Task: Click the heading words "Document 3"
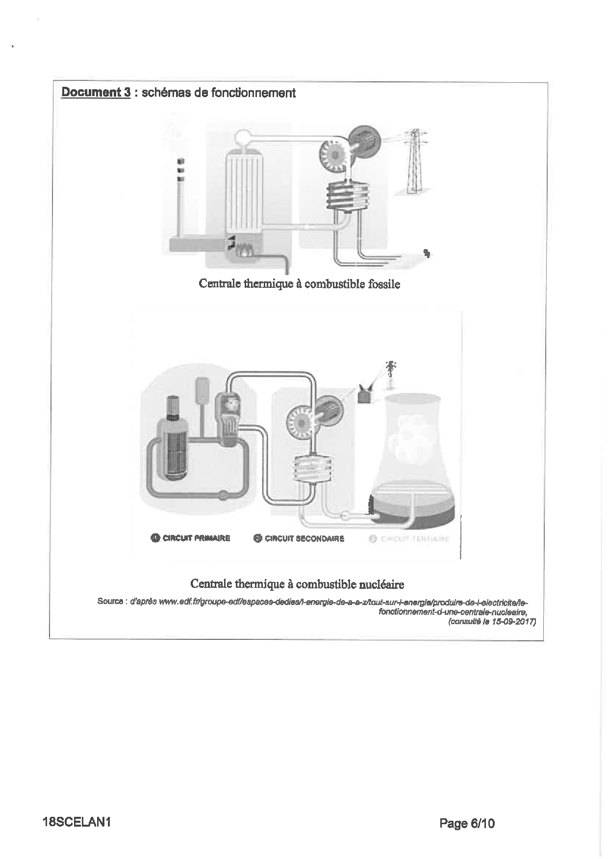click(x=96, y=92)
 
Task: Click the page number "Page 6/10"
click(x=467, y=823)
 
